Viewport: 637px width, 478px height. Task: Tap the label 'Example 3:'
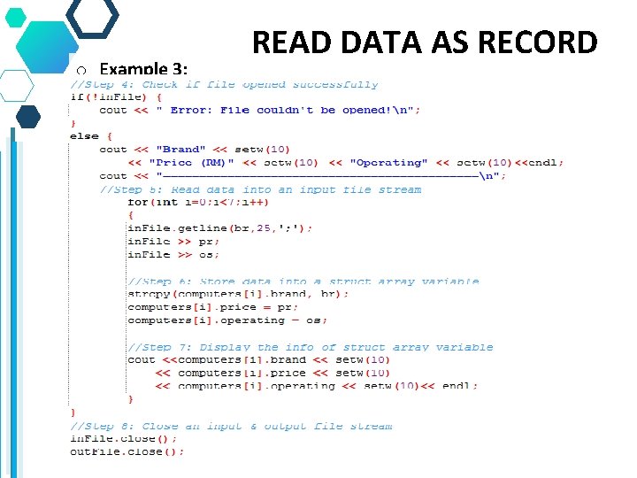click(143, 68)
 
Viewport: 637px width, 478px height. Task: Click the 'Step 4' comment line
click(224, 85)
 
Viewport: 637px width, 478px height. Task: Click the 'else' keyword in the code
click(84, 136)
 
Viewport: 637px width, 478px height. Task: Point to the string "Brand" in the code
click(180, 150)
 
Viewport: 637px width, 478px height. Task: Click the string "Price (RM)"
click(190, 163)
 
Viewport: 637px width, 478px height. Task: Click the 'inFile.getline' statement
click(219, 228)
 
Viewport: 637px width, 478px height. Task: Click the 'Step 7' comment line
click(310, 347)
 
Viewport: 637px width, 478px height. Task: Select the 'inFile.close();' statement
click(124, 439)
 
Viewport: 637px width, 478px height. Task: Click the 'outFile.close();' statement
click(127, 451)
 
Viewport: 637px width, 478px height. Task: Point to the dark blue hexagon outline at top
click(93, 16)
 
